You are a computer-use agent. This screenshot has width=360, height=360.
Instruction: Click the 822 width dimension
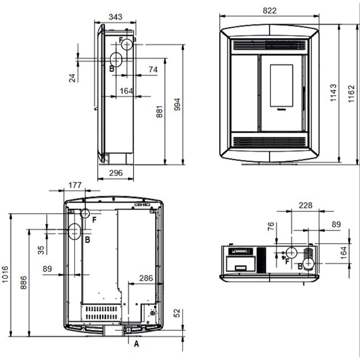pos(270,10)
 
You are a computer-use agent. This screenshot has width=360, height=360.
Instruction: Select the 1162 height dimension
pos(351,94)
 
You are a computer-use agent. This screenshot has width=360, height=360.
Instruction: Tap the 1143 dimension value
pos(333,93)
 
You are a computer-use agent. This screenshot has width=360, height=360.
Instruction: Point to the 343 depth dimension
pos(116,17)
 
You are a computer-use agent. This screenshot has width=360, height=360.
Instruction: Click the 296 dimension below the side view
pos(116,173)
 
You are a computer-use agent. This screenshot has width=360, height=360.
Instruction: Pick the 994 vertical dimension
pos(177,104)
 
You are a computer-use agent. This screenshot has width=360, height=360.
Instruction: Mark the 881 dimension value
pos(159,112)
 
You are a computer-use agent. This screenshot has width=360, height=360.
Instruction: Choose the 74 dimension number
pos(153,69)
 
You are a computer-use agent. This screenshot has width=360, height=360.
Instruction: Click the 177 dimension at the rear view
pos(75,185)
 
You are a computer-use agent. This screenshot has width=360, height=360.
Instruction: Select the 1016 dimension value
pos(5,274)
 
